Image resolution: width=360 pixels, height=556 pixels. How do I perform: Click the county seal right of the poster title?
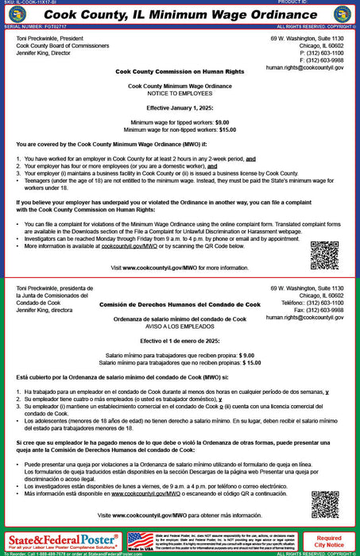point(343,14)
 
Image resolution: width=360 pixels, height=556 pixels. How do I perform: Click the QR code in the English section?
point(324,255)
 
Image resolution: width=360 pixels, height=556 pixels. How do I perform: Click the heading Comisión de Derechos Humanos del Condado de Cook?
point(180,305)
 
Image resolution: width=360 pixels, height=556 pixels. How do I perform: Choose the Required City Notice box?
point(329,542)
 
